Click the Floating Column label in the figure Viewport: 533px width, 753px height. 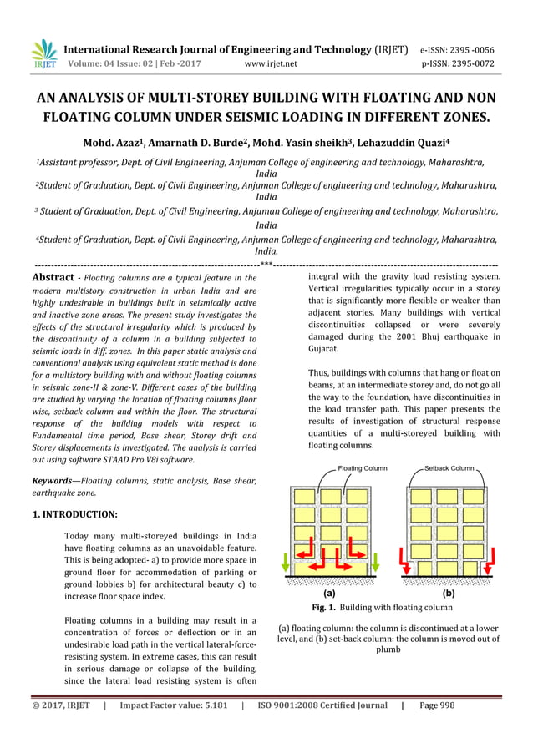363,469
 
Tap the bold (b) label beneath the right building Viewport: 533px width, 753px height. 448,594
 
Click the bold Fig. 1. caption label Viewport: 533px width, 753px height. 329,607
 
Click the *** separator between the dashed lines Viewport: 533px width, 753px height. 266,265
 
